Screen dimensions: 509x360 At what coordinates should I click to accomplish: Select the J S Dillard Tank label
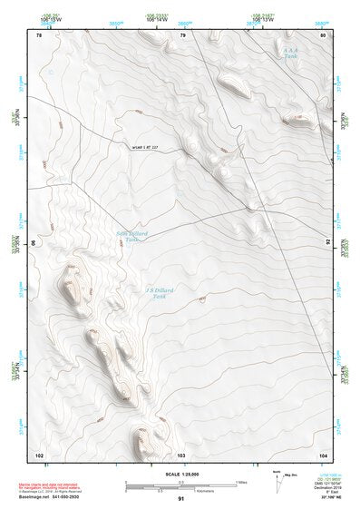click(158, 293)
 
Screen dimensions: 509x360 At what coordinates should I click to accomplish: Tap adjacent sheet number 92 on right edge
click(327, 243)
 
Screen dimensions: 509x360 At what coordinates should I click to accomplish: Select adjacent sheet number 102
click(39, 453)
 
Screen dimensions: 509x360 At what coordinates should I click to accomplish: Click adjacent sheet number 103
click(181, 453)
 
